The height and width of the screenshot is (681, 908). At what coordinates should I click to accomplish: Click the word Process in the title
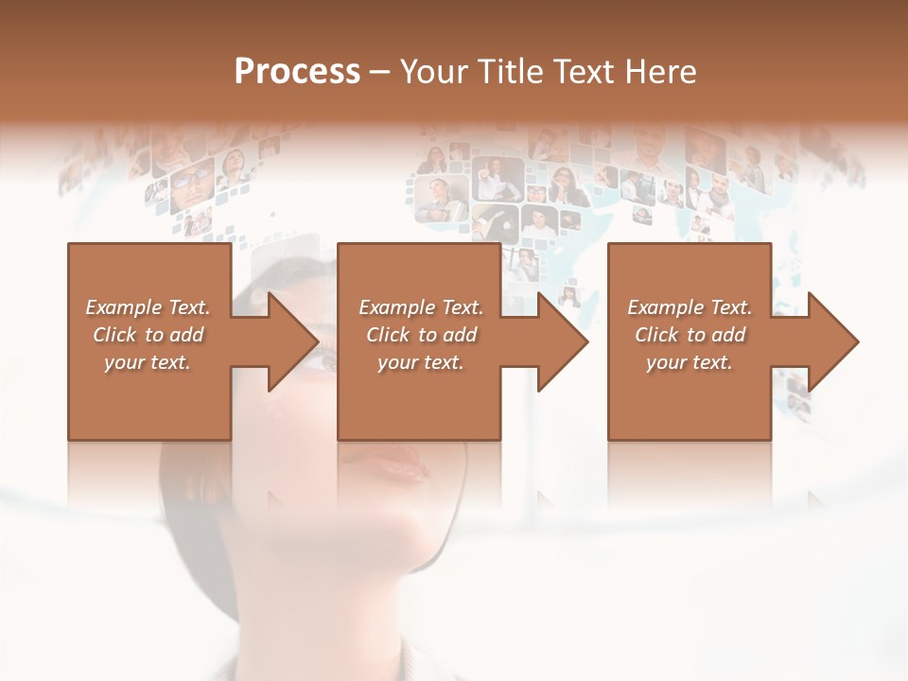(297, 72)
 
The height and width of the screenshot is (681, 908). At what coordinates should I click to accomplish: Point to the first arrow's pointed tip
(318, 341)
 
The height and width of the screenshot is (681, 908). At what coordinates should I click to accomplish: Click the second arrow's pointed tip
(587, 341)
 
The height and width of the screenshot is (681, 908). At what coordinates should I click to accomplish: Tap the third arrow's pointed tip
(858, 341)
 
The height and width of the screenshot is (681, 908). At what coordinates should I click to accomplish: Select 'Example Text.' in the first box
(148, 307)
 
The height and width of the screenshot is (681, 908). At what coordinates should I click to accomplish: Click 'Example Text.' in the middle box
(421, 307)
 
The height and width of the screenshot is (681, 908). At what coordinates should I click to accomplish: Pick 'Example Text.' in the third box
(690, 307)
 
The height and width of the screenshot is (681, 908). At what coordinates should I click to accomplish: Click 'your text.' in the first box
(148, 362)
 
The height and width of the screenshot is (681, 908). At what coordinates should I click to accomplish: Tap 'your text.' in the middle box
(421, 362)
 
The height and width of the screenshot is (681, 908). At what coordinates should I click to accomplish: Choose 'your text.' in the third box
(690, 362)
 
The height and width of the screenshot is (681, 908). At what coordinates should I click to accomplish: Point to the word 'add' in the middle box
(460, 335)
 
